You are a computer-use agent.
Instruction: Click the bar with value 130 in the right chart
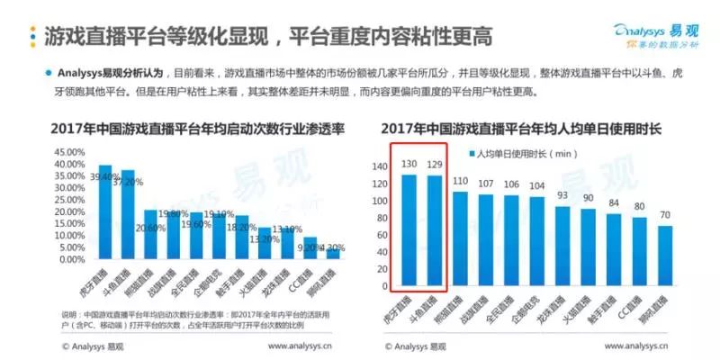pyautogui.click(x=409, y=229)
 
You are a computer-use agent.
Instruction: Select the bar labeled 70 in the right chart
pyautogui.click(x=665, y=256)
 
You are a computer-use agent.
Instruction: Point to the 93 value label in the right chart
pyautogui.click(x=562, y=195)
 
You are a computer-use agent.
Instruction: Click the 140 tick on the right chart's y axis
pyautogui.click(x=378, y=166)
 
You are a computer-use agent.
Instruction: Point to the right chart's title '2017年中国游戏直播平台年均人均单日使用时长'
pyautogui.click(x=522, y=129)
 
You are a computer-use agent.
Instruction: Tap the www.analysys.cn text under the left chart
pyautogui.click(x=307, y=345)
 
